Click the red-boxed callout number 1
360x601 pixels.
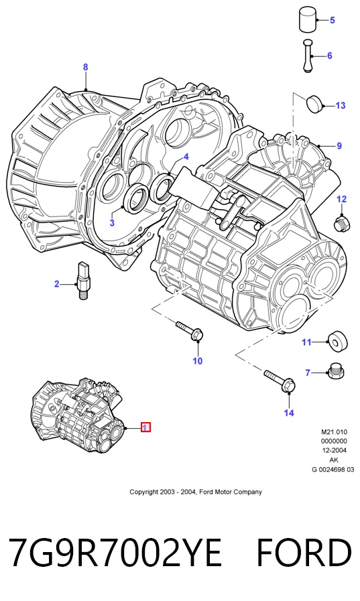point(145,427)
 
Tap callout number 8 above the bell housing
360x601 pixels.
point(86,67)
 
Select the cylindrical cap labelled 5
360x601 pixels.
point(308,19)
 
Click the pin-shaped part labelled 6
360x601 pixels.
point(308,56)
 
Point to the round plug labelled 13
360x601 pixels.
point(314,103)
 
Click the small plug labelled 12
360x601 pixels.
point(341,224)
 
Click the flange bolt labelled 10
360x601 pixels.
point(190,330)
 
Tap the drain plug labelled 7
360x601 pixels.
point(335,371)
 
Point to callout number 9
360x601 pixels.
point(339,146)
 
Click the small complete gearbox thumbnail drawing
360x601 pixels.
point(78,416)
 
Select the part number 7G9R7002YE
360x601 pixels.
point(115,552)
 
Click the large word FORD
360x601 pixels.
point(304,552)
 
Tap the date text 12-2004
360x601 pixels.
point(334,450)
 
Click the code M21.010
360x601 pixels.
point(334,432)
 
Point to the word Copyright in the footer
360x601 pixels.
point(143,492)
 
